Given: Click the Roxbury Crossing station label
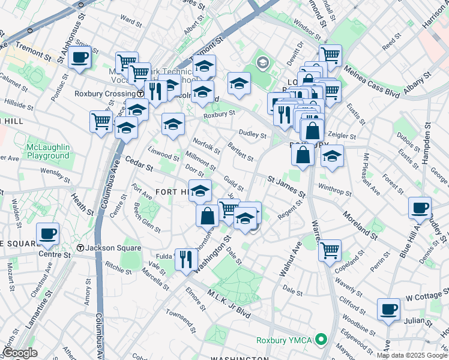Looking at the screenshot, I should [x=104, y=94].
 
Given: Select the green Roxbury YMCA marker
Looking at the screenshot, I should [x=321, y=340].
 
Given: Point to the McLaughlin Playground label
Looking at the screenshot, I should [x=48, y=152].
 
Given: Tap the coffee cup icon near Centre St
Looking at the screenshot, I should [x=47, y=233].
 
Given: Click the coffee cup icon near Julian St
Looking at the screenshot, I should [x=389, y=309].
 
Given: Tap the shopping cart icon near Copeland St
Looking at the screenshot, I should [x=330, y=250].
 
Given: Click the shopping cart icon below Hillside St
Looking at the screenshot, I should [x=101, y=121].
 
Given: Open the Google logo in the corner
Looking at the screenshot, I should [x=20, y=353].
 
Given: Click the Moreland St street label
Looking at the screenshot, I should [x=360, y=223].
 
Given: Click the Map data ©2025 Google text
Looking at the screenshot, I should [x=412, y=355].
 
